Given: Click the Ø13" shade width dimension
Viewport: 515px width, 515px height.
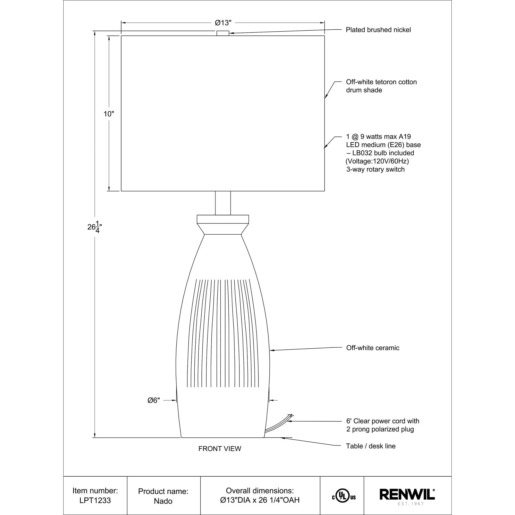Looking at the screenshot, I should (223, 23).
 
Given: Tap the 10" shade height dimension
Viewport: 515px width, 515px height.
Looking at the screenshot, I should (109, 114).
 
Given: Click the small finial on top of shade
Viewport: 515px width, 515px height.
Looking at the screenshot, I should (223, 33).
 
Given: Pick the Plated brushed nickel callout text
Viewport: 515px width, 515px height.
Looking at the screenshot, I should (378, 30).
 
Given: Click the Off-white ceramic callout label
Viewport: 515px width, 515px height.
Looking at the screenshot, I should (373, 348).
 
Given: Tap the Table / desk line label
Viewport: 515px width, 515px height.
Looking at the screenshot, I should (371, 446).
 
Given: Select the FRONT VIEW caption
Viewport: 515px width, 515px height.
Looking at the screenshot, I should (220, 449).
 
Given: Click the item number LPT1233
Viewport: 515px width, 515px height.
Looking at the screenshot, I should (95, 500).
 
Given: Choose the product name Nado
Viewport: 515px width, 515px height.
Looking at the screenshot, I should (163, 501).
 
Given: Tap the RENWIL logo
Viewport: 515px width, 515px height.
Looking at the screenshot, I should (407, 494).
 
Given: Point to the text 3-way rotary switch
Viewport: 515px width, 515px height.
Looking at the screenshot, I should (375, 169).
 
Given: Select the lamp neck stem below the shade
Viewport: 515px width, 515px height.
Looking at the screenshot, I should (223, 203).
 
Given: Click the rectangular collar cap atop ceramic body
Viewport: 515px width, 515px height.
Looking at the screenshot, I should (223, 219).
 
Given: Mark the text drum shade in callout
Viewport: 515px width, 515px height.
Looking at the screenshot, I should (364, 90).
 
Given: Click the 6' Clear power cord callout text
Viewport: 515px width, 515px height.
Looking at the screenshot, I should (383, 421).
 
